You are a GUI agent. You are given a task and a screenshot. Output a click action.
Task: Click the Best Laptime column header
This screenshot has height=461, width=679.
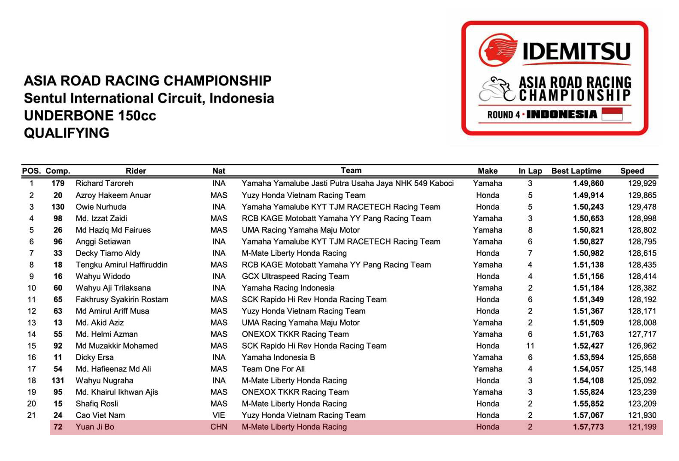[576, 171]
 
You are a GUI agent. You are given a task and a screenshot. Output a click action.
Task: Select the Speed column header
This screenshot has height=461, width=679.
[632, 171]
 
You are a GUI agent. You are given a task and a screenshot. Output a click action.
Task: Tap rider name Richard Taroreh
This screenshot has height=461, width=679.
[104, 183]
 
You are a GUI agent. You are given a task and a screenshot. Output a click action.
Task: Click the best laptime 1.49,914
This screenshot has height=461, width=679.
[588, 195]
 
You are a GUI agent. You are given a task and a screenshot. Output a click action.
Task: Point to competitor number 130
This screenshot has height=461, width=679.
[58, 207]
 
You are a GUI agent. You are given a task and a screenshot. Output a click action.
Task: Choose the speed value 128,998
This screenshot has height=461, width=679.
[642, 218]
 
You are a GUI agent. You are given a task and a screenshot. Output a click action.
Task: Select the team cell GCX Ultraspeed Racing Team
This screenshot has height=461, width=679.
[295, 276]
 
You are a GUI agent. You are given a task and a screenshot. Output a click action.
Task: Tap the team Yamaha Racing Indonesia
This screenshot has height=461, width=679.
[288, 288]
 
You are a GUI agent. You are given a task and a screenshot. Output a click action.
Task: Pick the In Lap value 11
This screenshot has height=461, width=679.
[530, 346]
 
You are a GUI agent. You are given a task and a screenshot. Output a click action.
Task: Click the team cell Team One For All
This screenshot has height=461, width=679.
[273, 369]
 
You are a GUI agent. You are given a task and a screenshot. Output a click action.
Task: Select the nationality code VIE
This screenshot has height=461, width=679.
[219, 415]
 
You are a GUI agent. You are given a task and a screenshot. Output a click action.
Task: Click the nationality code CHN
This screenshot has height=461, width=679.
[219, 427]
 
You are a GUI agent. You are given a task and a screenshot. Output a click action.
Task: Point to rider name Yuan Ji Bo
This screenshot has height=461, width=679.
[95, 427]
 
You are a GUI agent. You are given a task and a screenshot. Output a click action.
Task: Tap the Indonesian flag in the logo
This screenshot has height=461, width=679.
[612, 114]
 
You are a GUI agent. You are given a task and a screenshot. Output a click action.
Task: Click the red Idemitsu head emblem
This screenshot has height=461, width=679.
[497, 50]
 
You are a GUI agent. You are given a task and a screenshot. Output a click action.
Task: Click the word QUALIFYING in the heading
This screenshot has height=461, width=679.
[67, 133]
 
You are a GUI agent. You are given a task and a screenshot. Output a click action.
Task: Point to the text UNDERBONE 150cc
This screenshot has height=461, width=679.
[90, 115]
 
